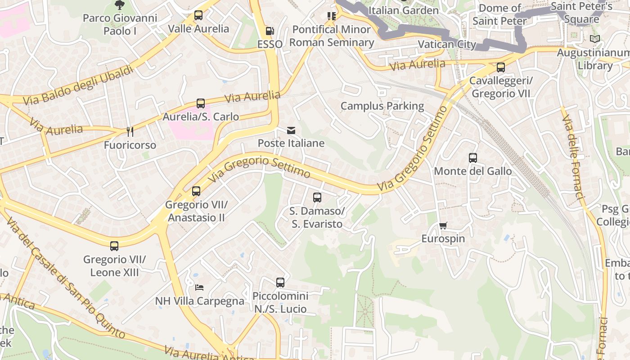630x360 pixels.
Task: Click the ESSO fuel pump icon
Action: (270, 31)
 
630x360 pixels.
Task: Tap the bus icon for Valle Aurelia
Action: (198, 15)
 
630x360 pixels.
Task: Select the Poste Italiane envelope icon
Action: (291, 130)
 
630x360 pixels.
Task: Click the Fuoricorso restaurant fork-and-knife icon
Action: (130, 131)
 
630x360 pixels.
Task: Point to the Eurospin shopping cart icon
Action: (443, 225)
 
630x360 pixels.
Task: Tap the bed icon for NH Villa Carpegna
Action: (199, 287)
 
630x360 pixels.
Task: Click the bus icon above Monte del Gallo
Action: (472, 158)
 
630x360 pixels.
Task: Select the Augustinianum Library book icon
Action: (595, 39)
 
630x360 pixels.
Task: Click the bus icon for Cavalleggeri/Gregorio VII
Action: (500, 67)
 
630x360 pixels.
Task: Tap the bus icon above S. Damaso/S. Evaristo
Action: (317, 197)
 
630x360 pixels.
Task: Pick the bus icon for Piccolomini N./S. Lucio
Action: (280, 283)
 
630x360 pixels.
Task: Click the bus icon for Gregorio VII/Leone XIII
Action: (114, 246)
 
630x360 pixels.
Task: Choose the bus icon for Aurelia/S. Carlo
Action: (201, 103)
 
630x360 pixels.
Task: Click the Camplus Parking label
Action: (382, 106)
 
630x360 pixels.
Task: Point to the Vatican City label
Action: (447, 44)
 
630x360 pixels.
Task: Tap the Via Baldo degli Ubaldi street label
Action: (79, 85)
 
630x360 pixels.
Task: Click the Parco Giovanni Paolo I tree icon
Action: (120, 5)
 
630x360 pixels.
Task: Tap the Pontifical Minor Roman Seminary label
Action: (332, 36)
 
